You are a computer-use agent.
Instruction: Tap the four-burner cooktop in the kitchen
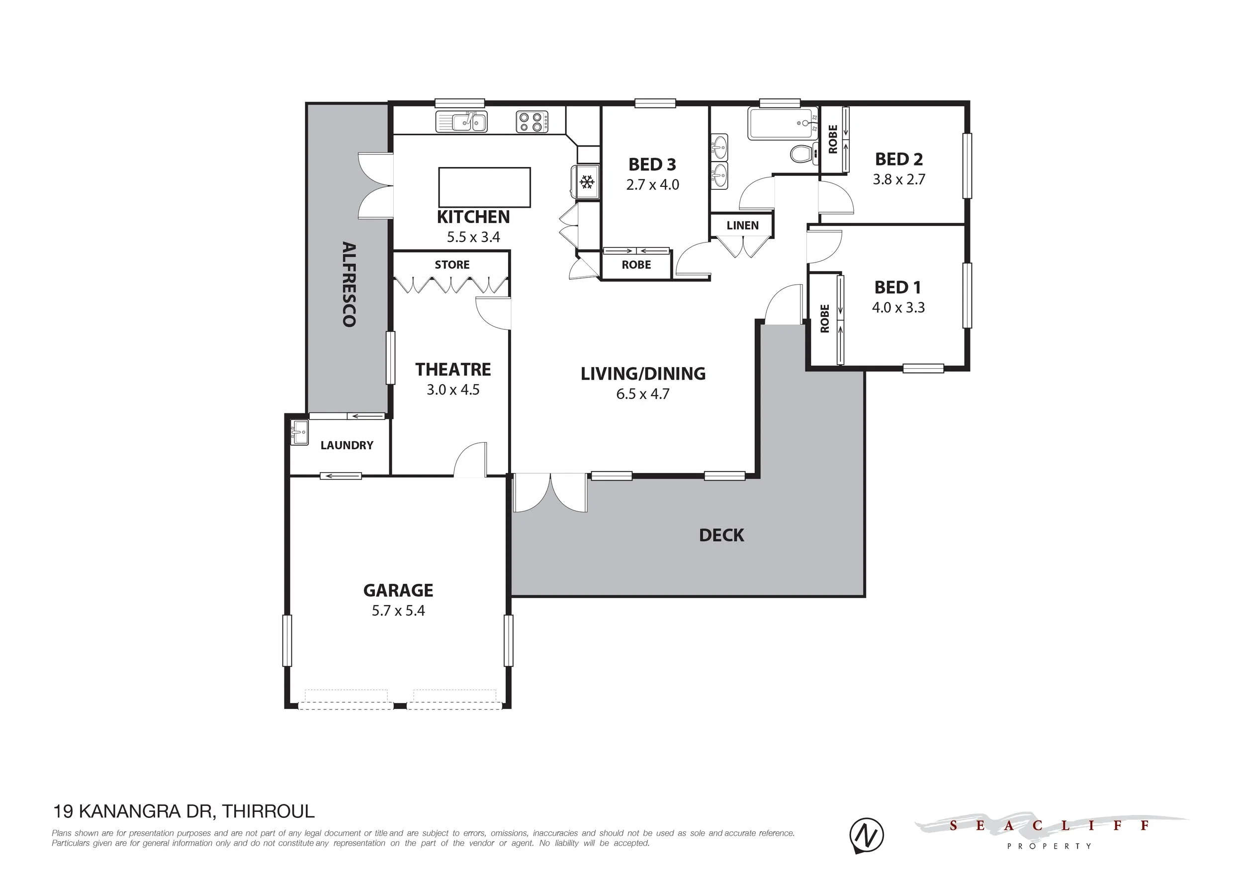point(532,121)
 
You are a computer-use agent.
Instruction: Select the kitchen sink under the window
point(461,122)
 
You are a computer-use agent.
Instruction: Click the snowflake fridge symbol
point(587,182)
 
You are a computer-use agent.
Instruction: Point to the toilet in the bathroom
point(803,154)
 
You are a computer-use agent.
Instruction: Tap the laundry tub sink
point(299,433)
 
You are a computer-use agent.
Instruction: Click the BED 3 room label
point(652,164)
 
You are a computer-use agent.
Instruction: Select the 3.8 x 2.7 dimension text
point(898,179)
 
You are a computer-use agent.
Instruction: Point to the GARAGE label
point(398,590)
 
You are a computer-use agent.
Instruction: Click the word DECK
point(721,536)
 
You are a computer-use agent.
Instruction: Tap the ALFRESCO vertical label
point(349,285)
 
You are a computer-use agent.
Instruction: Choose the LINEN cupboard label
point(743,226)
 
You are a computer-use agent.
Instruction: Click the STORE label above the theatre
point(452,264)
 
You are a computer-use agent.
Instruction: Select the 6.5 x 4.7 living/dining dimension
point(642,394)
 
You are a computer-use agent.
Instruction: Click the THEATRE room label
point(453,370)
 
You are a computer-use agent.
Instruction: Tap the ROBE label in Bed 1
point(824,319)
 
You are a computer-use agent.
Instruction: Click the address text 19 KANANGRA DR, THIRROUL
point(183,811)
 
